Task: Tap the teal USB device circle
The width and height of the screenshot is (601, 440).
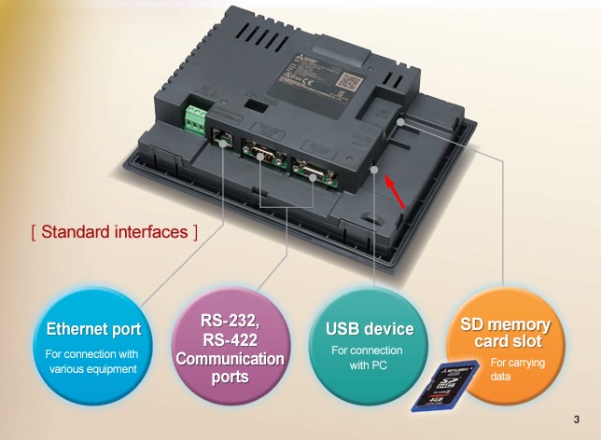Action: (368, 345)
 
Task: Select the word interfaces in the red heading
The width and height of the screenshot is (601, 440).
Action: (156, 231)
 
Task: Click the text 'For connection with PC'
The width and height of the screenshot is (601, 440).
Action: (368, 357)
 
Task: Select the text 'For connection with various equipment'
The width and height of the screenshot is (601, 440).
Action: (93, 361)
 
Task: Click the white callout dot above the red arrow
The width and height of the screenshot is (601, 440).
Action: (374, 170)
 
